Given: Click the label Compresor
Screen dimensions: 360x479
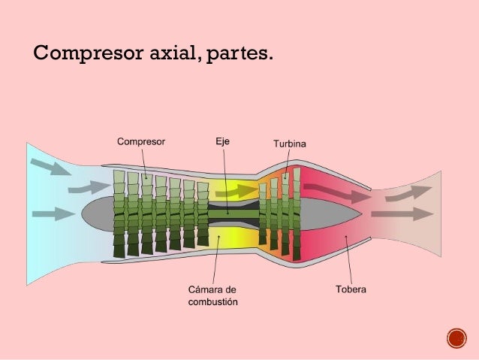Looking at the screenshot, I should (x=140, y=141).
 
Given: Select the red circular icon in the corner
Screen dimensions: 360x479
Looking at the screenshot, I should (x=456, y=338).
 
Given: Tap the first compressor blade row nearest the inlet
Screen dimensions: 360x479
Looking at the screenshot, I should (x=119, y=213).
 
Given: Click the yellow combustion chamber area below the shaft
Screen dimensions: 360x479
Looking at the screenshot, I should (x=225, y=239).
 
